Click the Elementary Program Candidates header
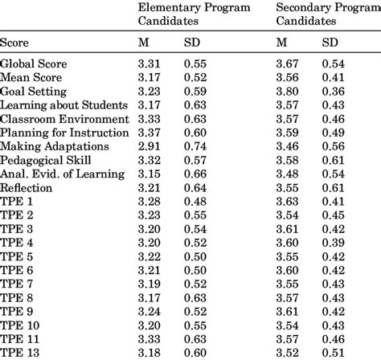point(194,14)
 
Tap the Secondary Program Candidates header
point(329,14)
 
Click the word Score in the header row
point(14,43)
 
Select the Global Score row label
point(34,63)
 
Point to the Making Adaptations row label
point(55,146)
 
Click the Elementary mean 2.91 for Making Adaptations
point(149,146)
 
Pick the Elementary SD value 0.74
point(195,146)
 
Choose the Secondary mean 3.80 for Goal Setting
point(287,92)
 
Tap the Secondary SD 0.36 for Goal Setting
point(334,92)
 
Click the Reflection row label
point(26,188)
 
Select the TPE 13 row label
point(19,353)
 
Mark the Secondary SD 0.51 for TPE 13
point(334,353)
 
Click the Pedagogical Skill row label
point(46,160)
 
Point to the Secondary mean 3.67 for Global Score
point(287,63)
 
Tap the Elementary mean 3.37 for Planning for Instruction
point(149,133)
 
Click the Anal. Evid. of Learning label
point(63,174)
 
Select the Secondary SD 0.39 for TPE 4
point(334,243)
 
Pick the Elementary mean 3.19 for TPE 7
point(149,284)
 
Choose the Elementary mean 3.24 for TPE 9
point(149,312)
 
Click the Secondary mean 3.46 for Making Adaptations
point(287,146)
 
